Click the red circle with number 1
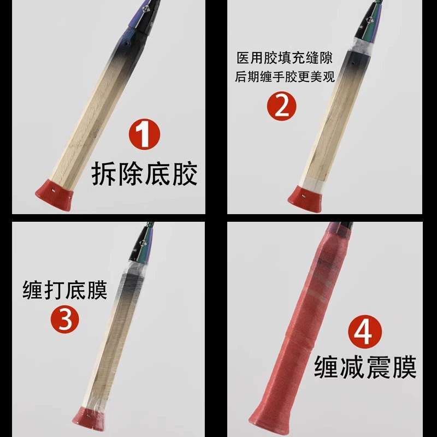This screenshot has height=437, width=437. click(144, 134)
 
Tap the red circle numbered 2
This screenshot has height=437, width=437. click(281, 106)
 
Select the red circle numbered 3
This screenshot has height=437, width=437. click(64, 319)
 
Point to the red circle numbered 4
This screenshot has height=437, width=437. click(365, 332)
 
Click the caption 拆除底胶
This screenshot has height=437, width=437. click(144, 174)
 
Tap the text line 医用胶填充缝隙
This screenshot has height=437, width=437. click(285, 58)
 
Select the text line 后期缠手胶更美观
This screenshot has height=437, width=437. click(285, 76)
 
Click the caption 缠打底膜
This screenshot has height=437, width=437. click(64, 290)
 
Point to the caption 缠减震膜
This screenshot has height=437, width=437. click(365, 367)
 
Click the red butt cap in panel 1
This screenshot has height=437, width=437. click(54, 195)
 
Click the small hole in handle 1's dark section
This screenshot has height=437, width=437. click(127, 44)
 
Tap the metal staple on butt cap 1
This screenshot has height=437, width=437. click(53, 191)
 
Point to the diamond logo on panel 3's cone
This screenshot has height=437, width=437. click(144, 243)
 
